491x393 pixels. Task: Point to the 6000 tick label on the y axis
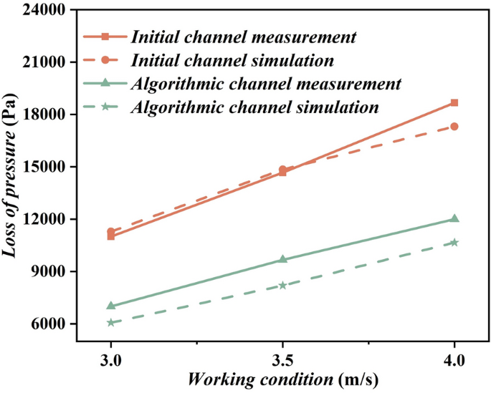pos(48,324)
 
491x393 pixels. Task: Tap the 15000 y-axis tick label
pos(44,167)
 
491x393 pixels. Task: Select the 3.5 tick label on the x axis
pos(282,356)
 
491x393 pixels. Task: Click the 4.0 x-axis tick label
pos(454,356)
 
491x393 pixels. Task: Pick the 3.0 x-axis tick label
pos(111,356)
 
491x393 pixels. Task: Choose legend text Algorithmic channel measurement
pos(265,84)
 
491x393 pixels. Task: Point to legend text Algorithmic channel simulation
pos(254,107)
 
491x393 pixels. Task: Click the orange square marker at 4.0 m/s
pos(454,103)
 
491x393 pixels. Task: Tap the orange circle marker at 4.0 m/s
pos(454,127)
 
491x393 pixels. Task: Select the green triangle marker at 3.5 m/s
pos(282,259)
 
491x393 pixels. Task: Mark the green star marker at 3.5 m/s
pos(282,285)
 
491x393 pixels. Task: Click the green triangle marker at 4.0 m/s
pos(454,218)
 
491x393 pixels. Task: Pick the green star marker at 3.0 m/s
pos(111,323)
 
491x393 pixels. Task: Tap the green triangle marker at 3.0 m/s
pos(111,306)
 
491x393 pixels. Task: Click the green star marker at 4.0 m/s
pos(454,243)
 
